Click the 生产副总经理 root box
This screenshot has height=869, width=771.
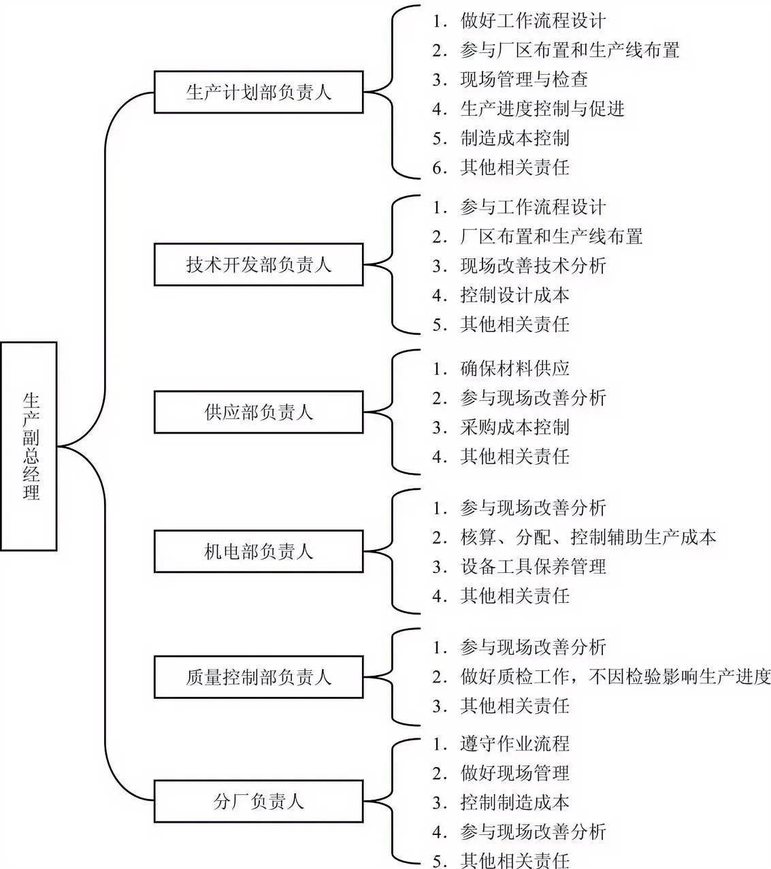[x=29, y=446]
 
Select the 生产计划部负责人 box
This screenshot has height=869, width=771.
[x=259, y=91]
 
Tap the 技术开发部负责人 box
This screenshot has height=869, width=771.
[x=259, y=264]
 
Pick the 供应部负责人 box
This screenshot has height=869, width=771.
[x=259, y=412]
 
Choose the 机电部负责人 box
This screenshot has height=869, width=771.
[x=259, y=551]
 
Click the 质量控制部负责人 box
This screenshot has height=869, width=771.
[x=259, y=676]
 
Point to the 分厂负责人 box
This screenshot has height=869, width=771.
[x=259, y=801]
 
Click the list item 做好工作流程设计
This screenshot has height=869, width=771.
[x=532, y=20]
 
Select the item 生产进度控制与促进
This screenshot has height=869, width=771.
[x=542, y=109]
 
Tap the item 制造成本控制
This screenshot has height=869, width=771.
[x=514, y=138]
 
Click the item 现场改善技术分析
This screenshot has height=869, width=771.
[x=532, y=266]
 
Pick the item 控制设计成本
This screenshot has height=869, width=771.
[x=514, y=295]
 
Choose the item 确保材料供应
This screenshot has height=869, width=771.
[x=514, y=369]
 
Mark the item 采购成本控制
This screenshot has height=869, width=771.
[x=514, y=427]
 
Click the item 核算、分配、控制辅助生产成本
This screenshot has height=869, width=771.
[x=588, y=538]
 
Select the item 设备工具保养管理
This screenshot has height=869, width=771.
[x=532, y=567]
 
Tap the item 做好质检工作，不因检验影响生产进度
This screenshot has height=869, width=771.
[x=615, y=676]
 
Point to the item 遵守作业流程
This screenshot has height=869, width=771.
[x=514, y=743]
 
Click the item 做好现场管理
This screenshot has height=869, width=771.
[x=514, y=773]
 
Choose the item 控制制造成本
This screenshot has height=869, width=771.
[x=514, y=802]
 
